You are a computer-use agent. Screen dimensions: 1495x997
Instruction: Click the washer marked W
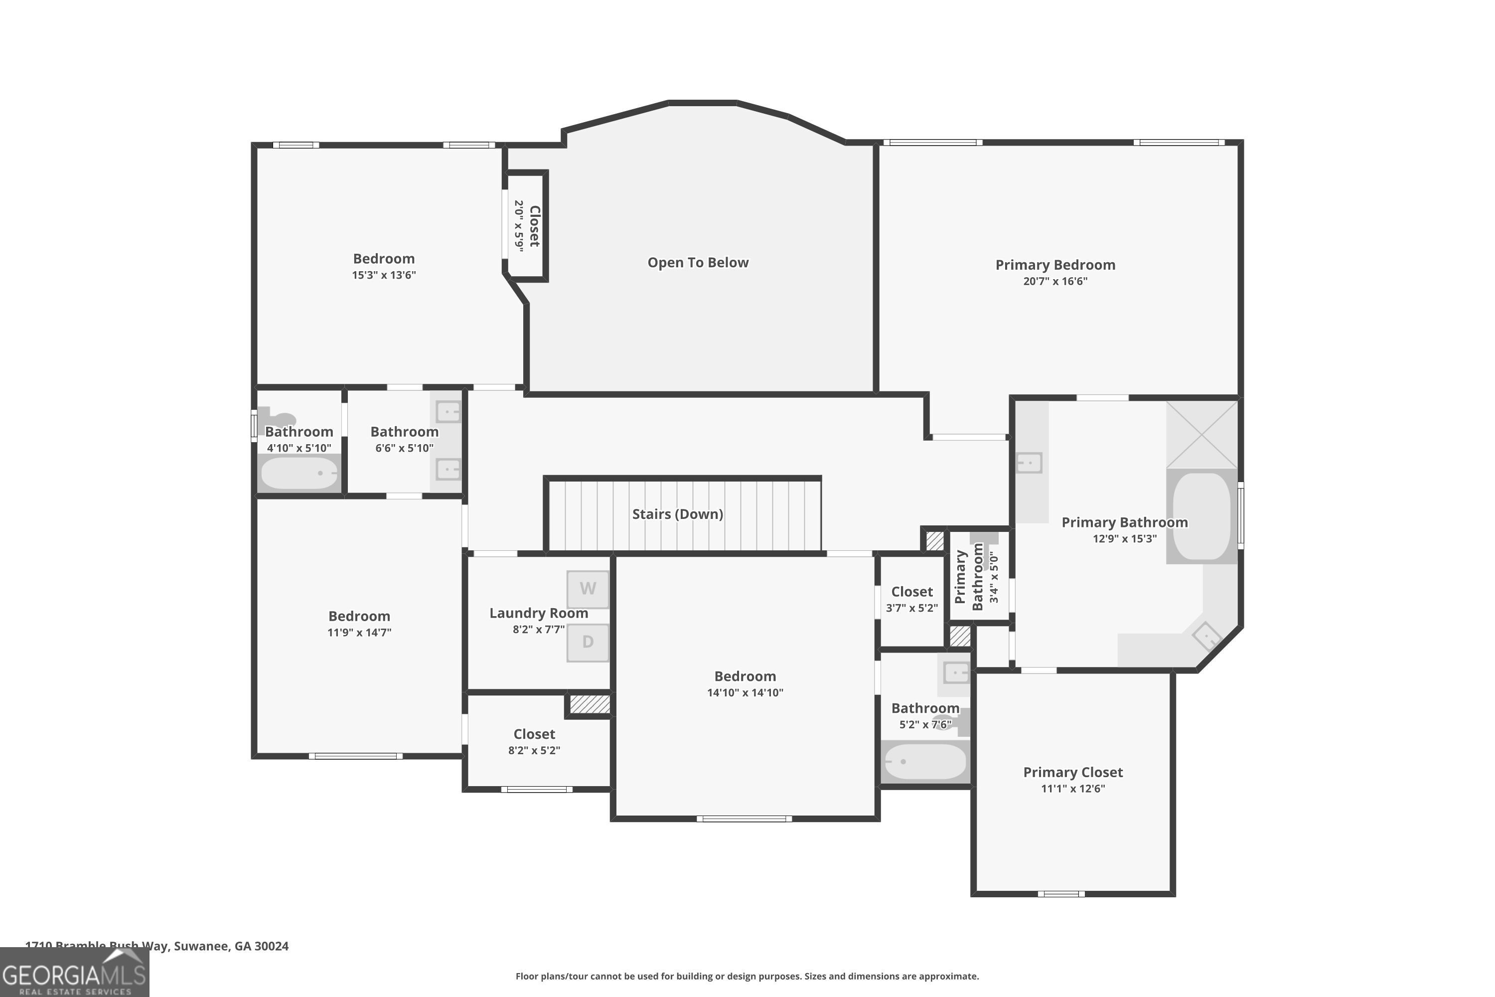[x=588, y=589]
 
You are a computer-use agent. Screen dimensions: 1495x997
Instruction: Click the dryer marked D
[x=588, y=642]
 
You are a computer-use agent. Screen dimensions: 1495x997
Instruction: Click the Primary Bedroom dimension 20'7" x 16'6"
[x=1054, y=281]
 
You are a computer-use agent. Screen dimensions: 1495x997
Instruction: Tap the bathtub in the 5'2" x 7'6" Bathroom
[x=925, y=761]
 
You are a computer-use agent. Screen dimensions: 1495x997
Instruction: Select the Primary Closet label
[x=1072, y=772]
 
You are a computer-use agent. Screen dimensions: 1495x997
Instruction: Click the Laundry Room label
[x=538, y=613]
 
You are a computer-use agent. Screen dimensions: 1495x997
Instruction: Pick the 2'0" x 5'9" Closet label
[x=534, y=226]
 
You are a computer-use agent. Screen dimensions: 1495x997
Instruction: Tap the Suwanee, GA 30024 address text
[x=231, y=946]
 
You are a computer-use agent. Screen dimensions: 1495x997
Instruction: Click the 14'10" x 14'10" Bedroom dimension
[x=745, y=692]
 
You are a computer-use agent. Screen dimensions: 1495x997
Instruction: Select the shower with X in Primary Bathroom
[x=1201, y=434]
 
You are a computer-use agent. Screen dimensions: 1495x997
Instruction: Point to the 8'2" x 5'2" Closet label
[x=534, y=734]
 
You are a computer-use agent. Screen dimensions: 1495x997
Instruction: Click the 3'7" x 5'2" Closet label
[x=911, y=592]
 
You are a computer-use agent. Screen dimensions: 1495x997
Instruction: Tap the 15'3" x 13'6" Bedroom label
[x=383, y=259]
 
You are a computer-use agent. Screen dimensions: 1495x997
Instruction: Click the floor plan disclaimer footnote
[x=747, y=976]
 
